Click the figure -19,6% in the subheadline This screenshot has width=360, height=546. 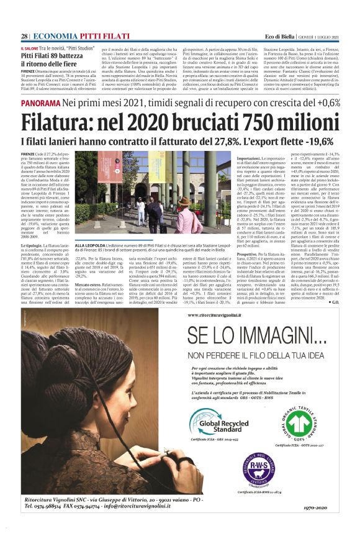(x=322, y=141)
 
